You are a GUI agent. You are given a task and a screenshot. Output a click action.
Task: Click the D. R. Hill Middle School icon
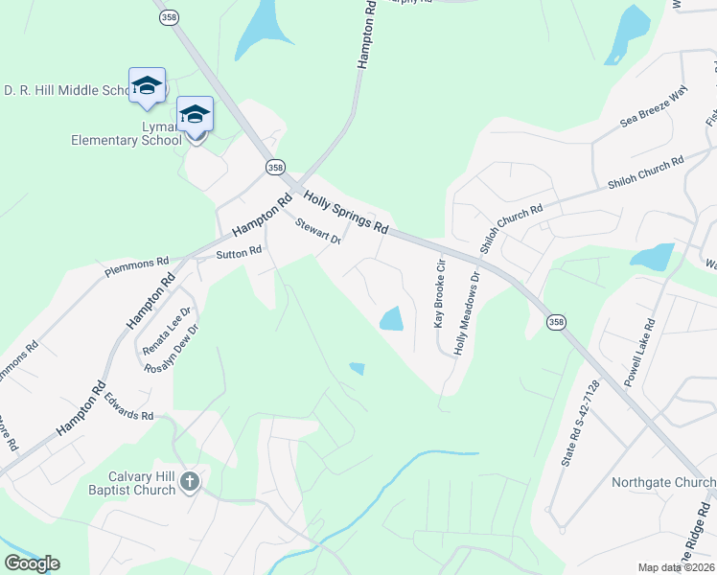(147, 86)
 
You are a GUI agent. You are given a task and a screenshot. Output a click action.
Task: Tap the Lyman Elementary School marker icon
(196, 116)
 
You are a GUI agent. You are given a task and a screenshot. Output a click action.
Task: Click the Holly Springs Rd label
(346, 214)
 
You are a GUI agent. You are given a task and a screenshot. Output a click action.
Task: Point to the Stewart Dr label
(318, 232)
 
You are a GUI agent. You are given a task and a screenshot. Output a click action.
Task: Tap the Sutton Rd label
(239, 253)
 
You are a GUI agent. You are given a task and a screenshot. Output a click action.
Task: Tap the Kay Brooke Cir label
(440, 293)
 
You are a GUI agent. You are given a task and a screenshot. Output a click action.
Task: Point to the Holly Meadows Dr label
(467, 313)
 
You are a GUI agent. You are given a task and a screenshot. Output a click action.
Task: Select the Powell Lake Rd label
(638, 353)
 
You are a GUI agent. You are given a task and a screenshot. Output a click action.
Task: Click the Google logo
(32, 563)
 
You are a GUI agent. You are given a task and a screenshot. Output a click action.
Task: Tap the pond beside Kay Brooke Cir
(391, 319)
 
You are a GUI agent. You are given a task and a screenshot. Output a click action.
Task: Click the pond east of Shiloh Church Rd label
(653, 256)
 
